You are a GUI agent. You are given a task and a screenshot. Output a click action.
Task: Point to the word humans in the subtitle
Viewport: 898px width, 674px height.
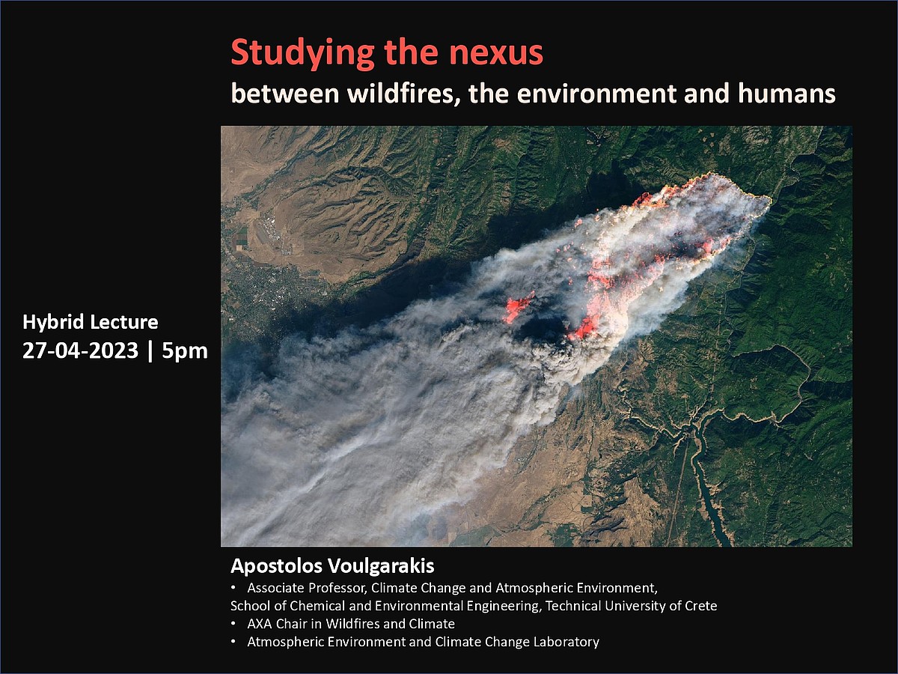[x=786, y=93]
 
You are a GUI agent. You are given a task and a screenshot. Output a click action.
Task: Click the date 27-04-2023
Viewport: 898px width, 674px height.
[x=81, y=350]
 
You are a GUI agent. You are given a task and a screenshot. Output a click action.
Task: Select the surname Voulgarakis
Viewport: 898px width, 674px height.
[x=382, y=566]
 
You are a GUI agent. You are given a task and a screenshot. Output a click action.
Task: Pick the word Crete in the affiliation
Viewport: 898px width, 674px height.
[x=700, y=606]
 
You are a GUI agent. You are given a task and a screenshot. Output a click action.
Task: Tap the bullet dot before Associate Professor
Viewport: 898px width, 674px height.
[x=233, y=588]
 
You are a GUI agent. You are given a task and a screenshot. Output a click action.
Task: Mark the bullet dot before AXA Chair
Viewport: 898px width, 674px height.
[x=233, y=624]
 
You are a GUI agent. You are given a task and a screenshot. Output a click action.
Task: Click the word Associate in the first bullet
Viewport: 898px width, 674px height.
[x=275, y=588]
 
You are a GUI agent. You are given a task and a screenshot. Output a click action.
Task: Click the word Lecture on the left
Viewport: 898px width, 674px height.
[x=124, y=322]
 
